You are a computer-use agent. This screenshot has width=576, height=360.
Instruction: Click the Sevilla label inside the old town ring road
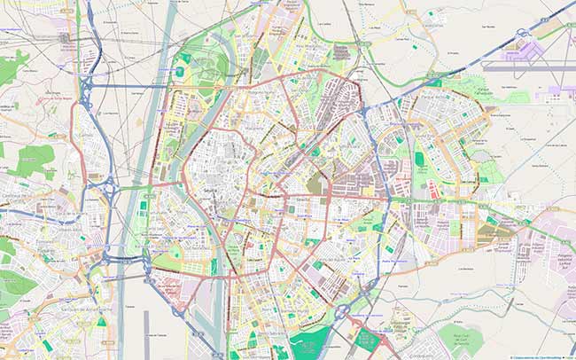[x=210, y=191]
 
